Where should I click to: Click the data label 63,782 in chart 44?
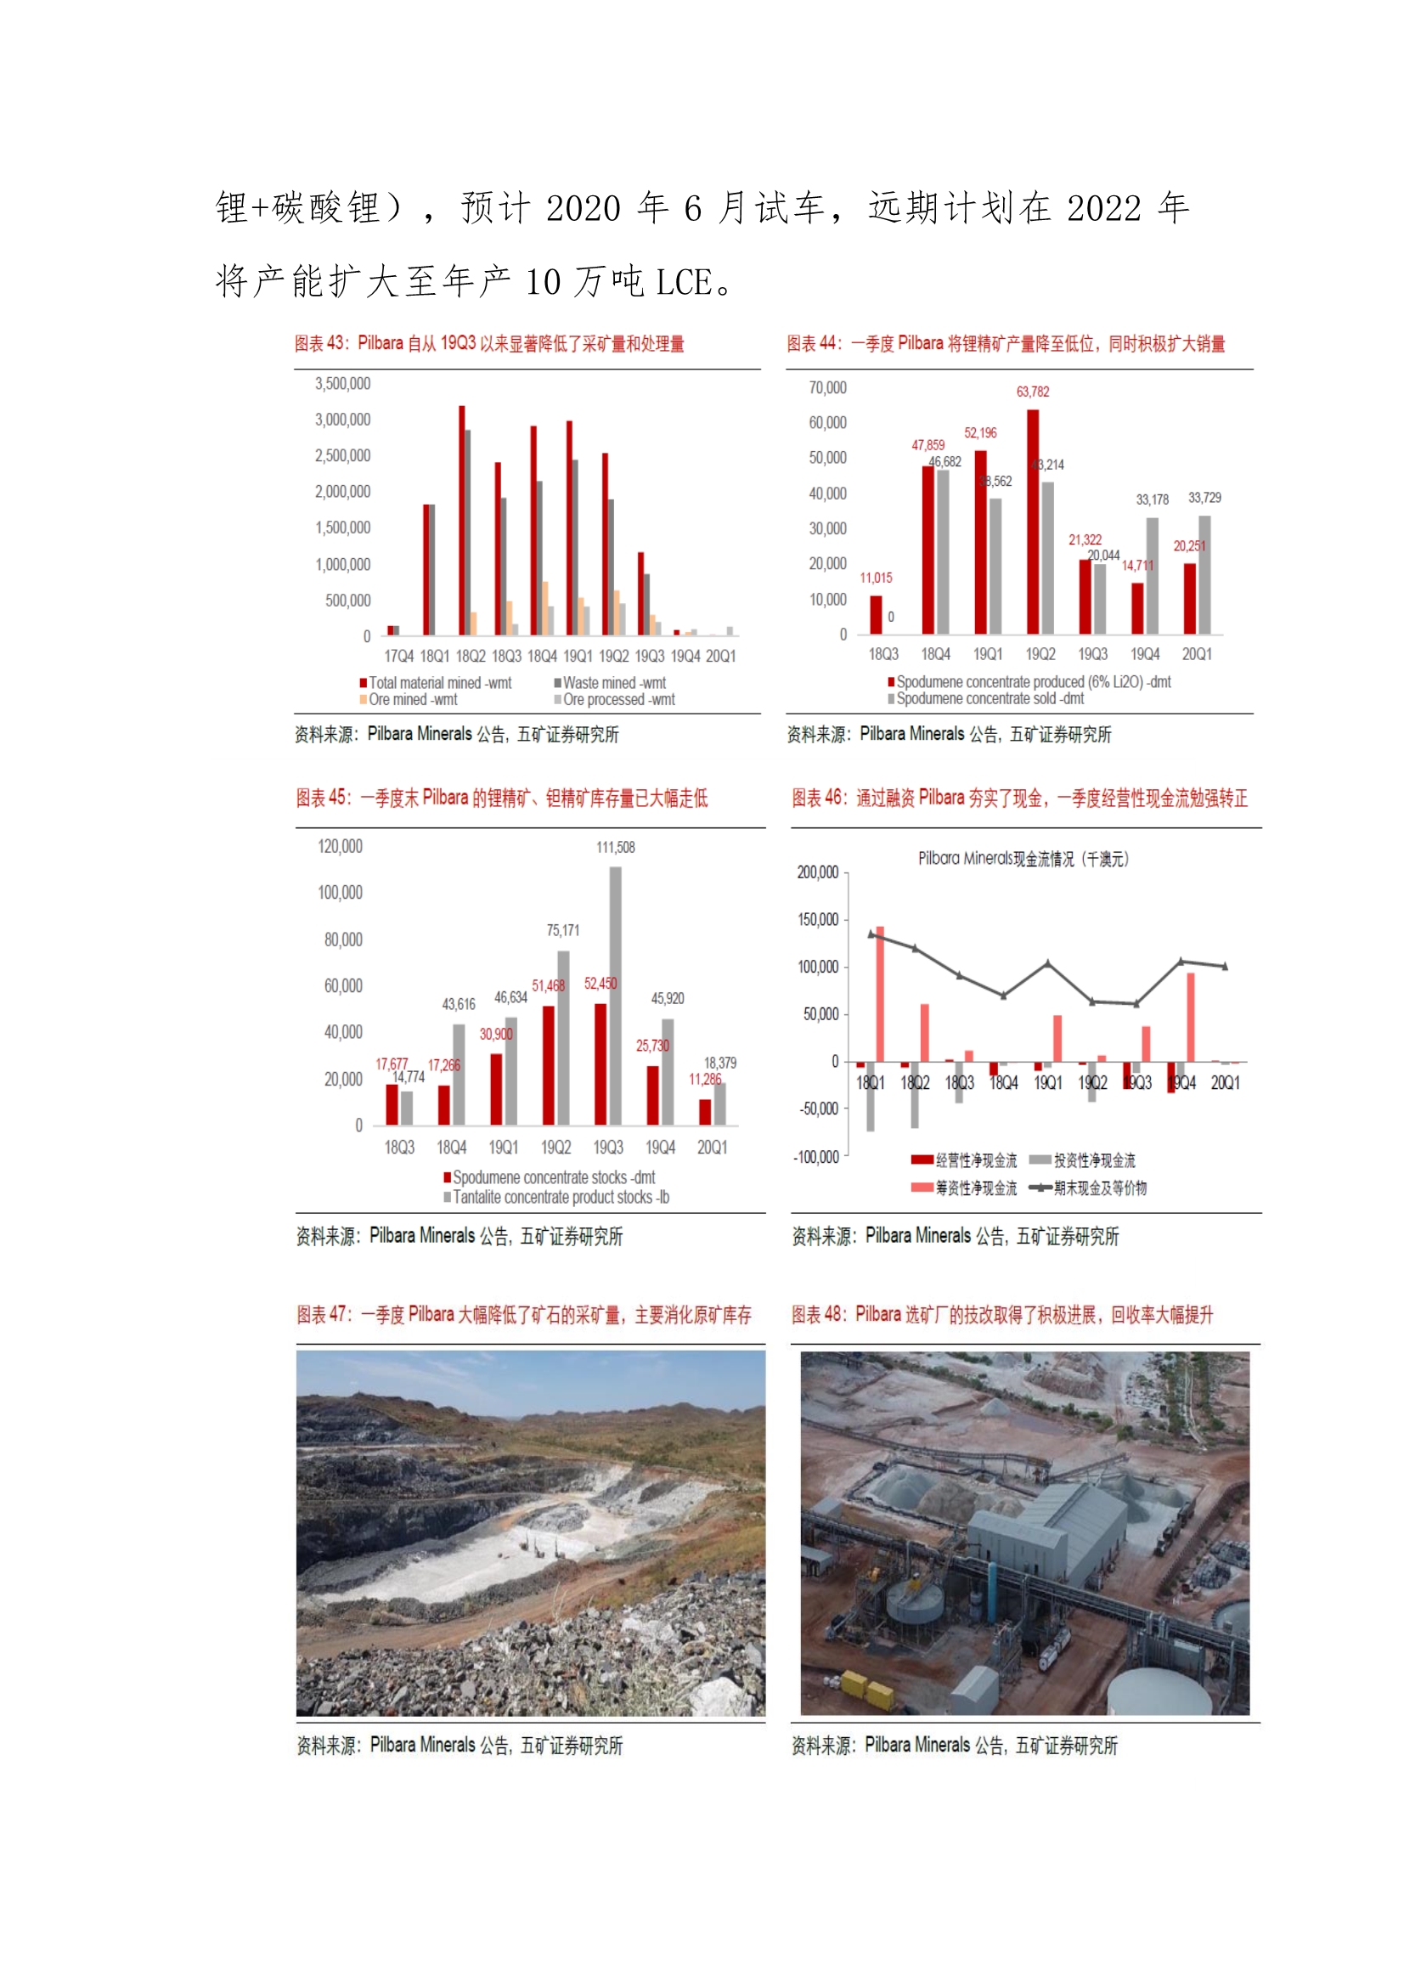click(x=1032, y=392)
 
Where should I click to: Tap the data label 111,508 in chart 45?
click(x=615, y=848)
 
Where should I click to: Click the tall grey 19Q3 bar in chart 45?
click(x=616, y=996)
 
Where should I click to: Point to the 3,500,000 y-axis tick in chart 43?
click(x=342, y=384)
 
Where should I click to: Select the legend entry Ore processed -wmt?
click(x=617, y=700)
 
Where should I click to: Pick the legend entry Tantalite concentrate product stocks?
click(x=559, y=1197)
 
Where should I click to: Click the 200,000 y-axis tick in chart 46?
click(x=817, y=872)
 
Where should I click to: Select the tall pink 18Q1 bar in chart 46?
click(x=880, y=994)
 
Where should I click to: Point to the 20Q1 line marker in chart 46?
click(x=1225, y=966)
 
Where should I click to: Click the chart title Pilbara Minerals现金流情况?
click(x=1023, y=859)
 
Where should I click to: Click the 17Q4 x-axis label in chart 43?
click(x=399, y=657)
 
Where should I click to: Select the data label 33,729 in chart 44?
click(x=1204, y=499)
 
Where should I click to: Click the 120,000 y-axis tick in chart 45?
click(x=340, y=847)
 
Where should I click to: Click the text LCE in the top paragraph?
click(x=684, y=283)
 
